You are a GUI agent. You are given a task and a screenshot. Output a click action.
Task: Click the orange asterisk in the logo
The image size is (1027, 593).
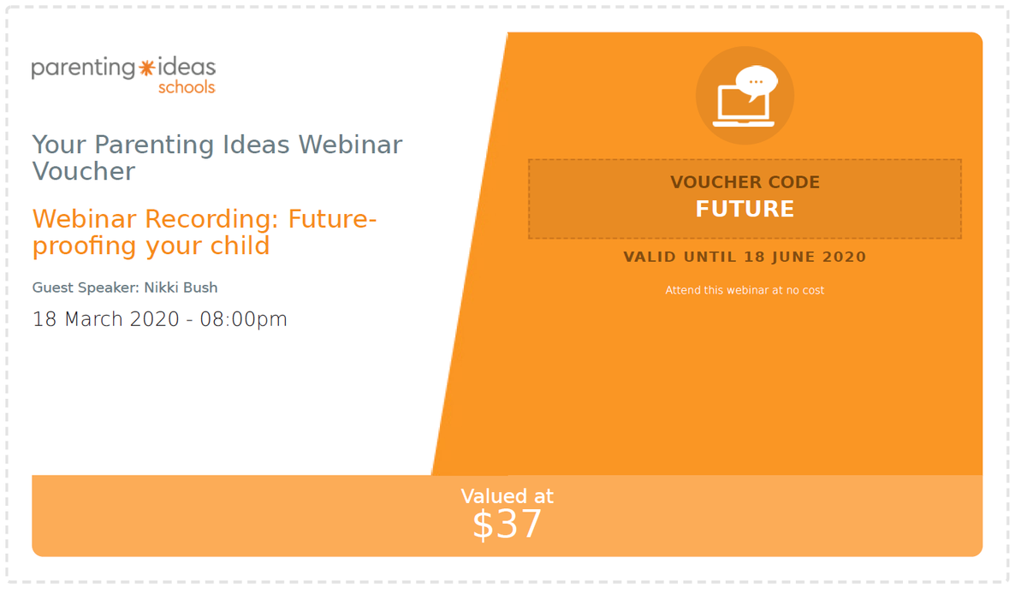146,68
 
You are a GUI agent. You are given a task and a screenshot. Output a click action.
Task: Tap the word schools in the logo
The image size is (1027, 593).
187,87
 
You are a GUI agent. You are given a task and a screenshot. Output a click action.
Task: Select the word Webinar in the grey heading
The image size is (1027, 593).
350,145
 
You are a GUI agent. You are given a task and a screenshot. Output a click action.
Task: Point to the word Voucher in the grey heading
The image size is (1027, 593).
84,171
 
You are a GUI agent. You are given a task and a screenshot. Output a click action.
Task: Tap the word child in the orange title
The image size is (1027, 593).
240,246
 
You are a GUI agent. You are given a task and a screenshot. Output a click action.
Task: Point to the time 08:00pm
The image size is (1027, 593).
243,319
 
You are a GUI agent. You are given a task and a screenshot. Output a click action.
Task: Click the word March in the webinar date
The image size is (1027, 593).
93,319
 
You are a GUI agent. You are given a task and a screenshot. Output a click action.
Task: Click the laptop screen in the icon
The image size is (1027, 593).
742,103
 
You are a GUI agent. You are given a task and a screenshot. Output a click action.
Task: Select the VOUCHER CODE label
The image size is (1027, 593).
745,182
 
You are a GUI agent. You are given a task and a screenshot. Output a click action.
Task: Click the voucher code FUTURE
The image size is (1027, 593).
745,209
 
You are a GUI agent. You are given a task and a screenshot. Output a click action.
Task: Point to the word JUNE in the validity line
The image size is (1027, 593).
793,257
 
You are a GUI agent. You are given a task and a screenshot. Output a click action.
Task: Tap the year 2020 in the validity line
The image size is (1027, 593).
844,257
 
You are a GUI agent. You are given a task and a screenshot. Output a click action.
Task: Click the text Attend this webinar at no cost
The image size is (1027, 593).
745,290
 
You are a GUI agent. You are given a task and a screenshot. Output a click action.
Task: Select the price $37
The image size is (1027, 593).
507,525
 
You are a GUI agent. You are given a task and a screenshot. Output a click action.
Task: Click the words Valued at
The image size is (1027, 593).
507,496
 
